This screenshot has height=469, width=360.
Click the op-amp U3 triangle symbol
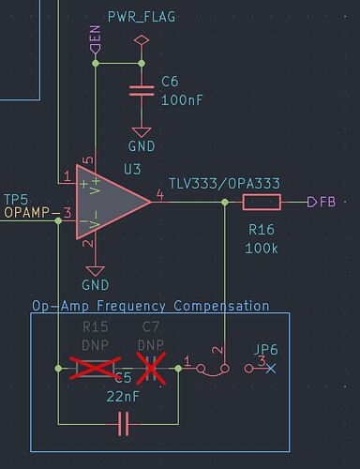(x=111, y=201)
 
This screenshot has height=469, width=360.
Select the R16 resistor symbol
(x=262, y=202)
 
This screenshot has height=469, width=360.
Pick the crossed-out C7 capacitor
(x=150, y=369)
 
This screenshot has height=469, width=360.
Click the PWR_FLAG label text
(x=142, y=17)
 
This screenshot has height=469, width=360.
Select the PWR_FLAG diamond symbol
(x=141, y=41)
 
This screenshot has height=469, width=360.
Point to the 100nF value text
(x=180, y=98)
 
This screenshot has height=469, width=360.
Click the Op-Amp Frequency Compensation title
(x=150, y=306)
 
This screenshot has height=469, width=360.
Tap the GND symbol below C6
(x=141, y=134)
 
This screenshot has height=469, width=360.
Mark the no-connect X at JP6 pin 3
(x=270, y=369)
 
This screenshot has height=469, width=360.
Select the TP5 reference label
(x=17, y=199)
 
